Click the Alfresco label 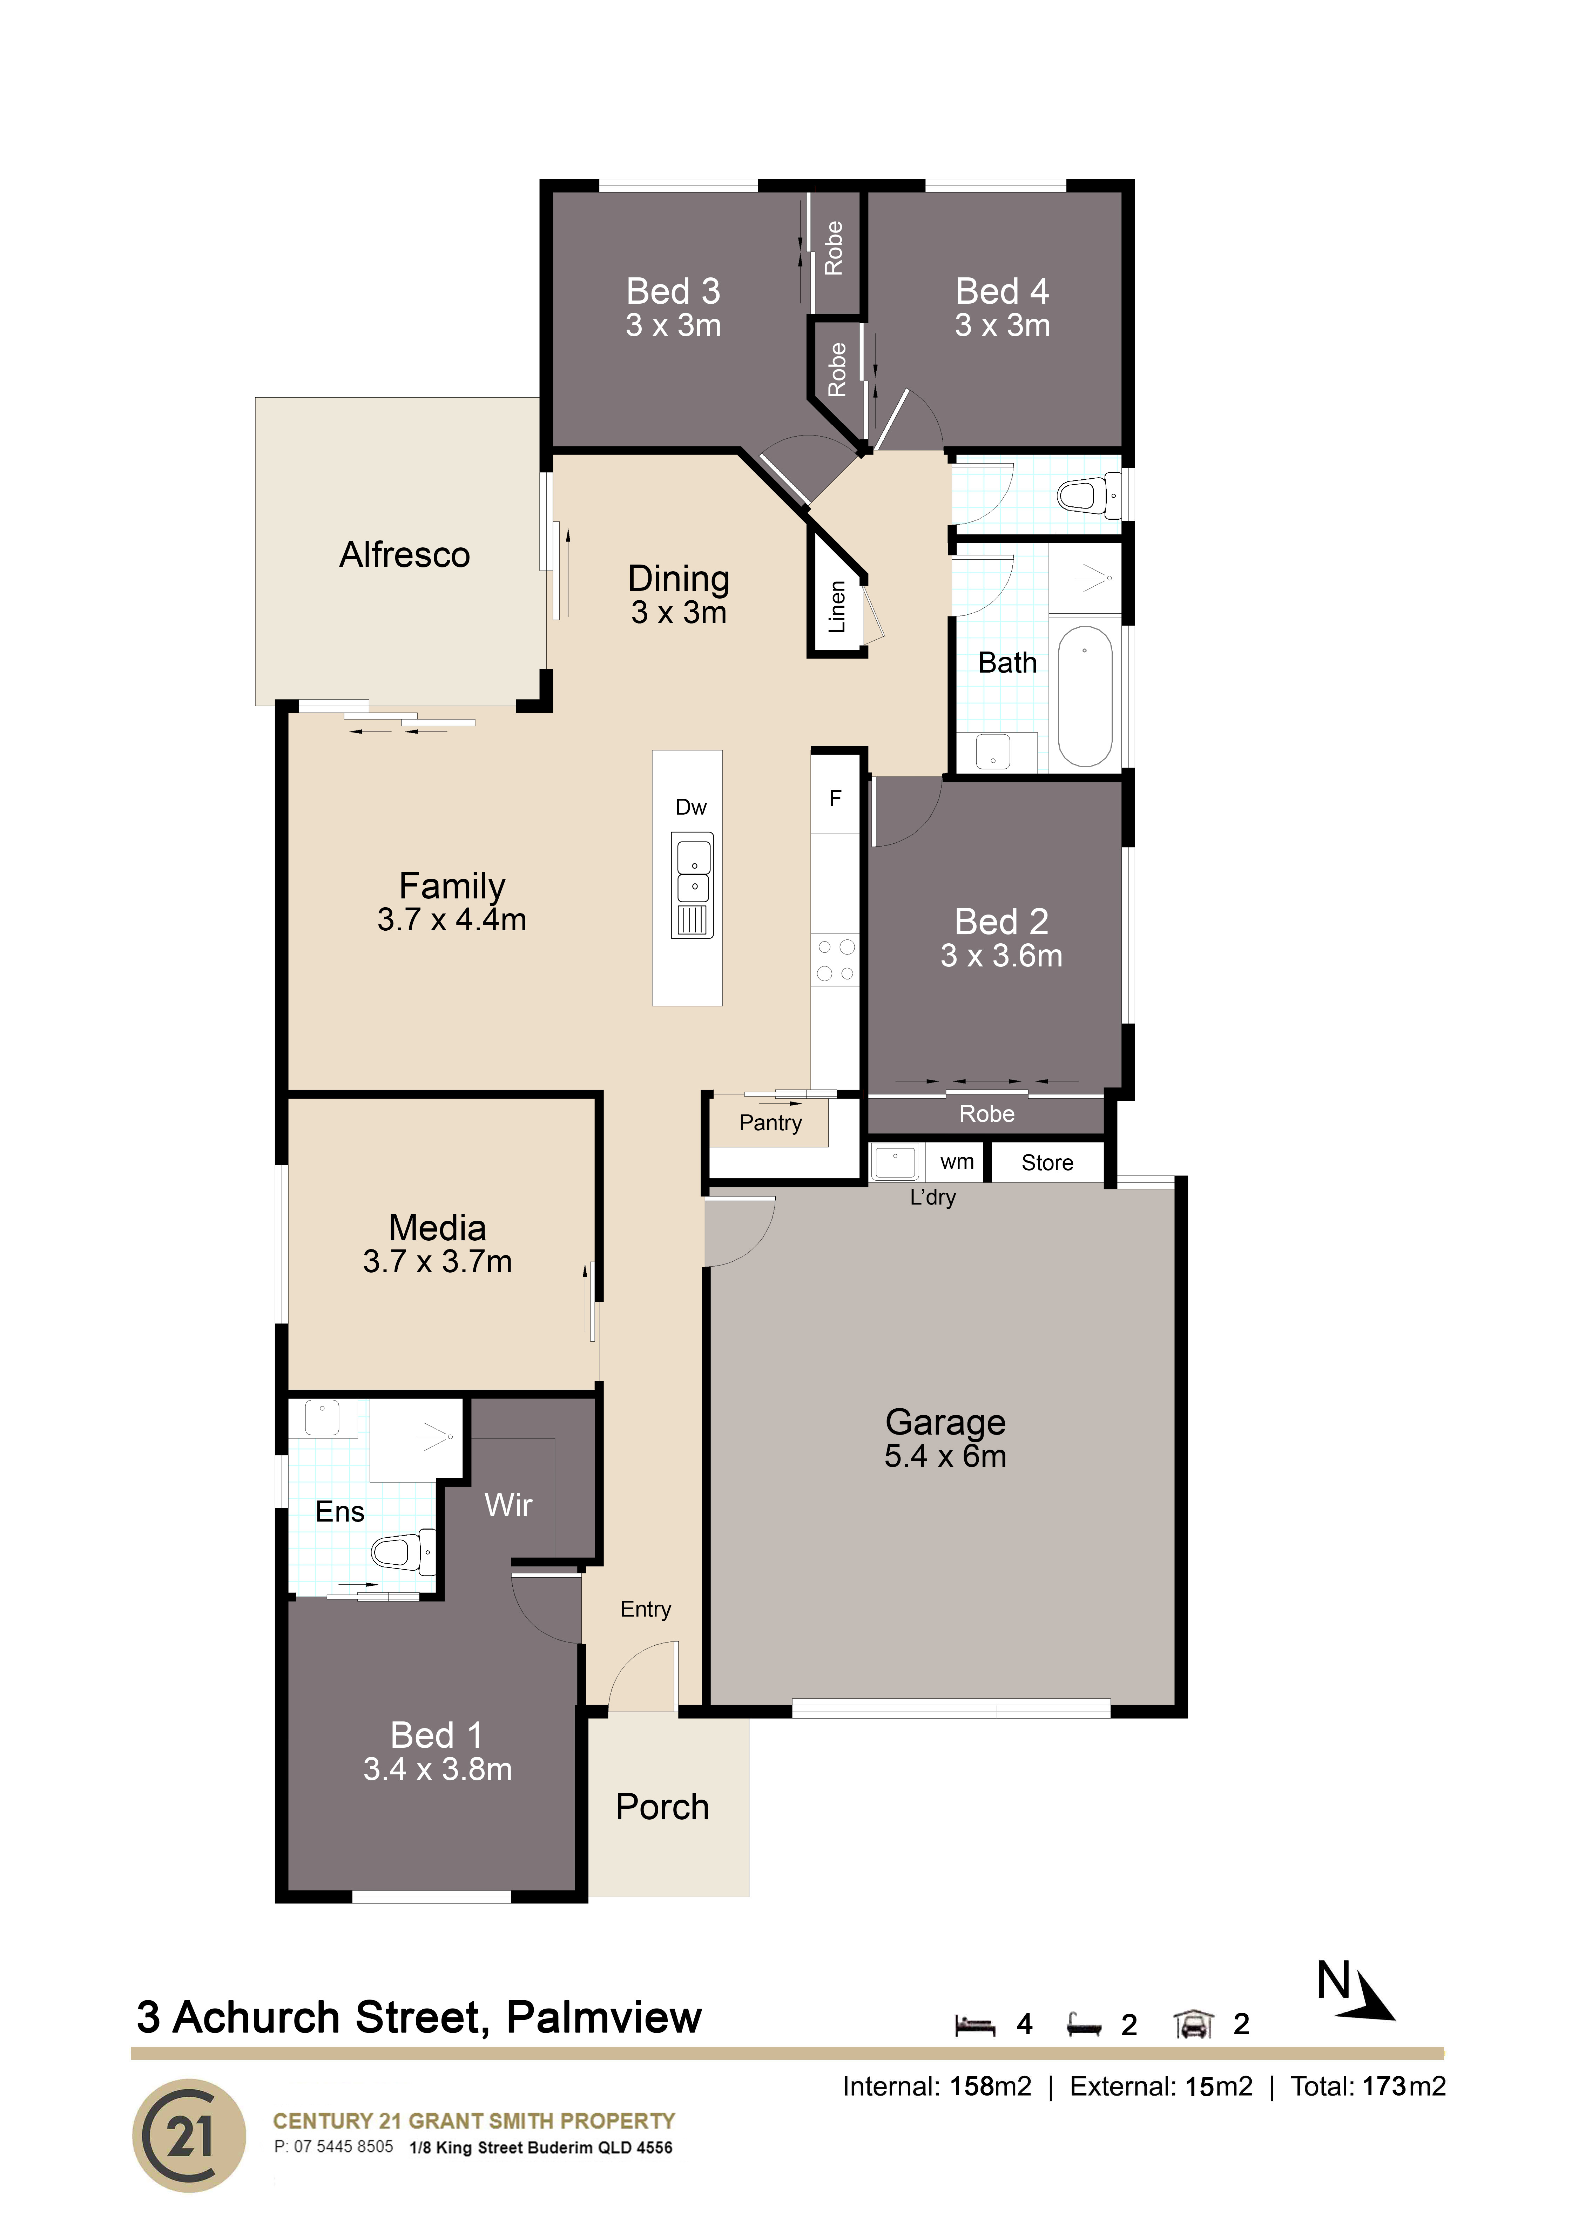point(404,555)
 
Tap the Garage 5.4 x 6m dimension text point(945,1456)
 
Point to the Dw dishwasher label point(691,807)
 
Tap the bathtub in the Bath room point(1085,696)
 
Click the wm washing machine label point(957,1162)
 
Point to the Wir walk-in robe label point(508,1506)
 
